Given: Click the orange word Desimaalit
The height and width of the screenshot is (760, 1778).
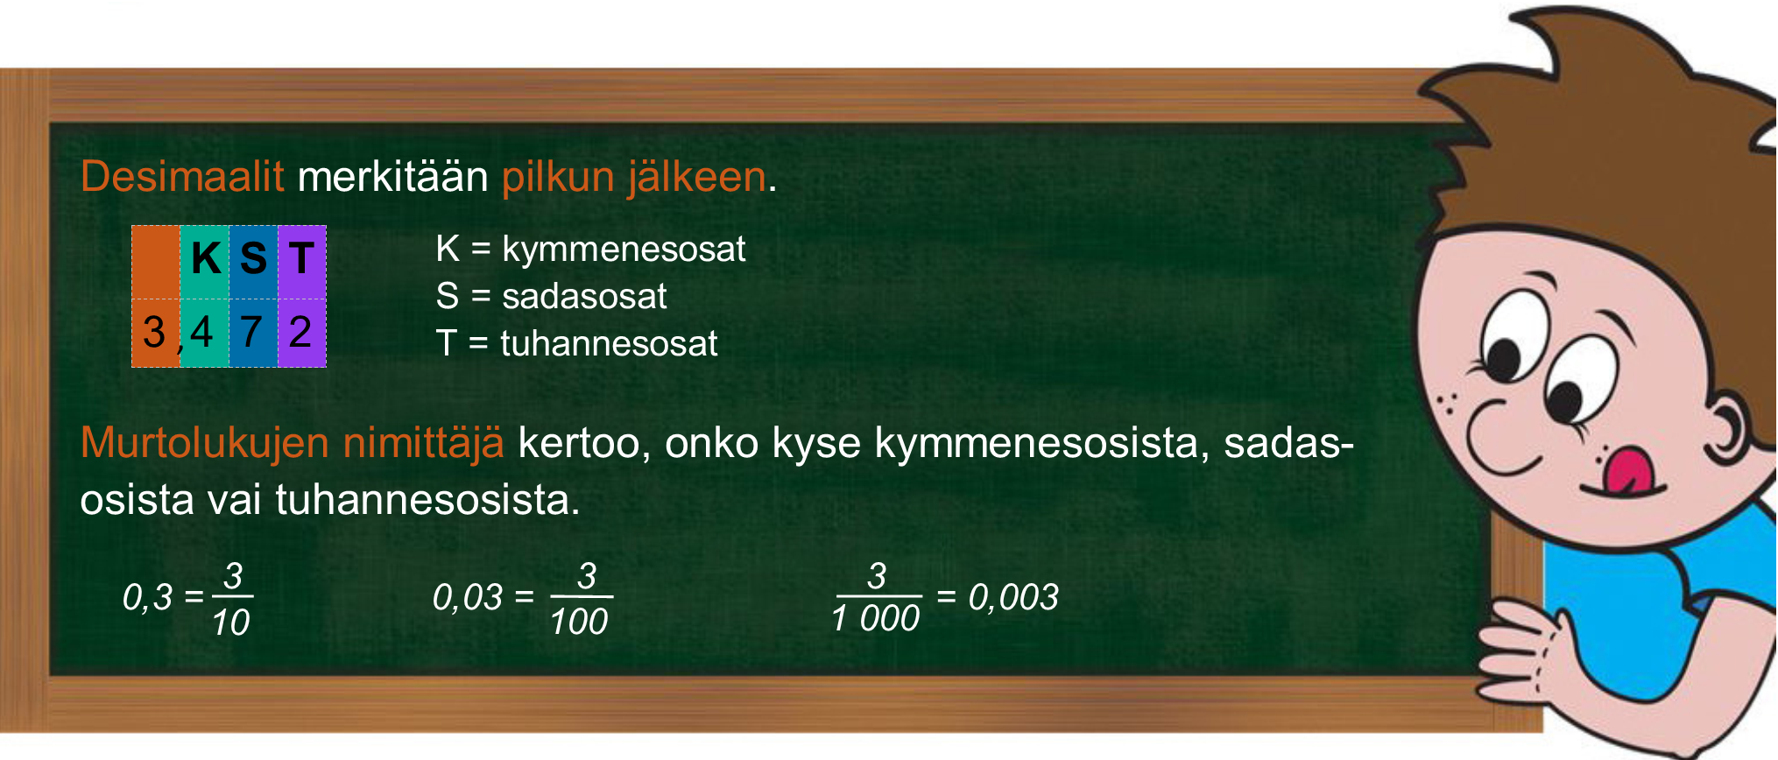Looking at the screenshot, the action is coord(182,176).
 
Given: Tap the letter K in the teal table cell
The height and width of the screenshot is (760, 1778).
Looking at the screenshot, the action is coord(207,258).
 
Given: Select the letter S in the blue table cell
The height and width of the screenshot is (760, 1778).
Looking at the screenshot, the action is coord(253,258).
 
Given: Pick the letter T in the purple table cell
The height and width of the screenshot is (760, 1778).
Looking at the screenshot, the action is coord(301,257).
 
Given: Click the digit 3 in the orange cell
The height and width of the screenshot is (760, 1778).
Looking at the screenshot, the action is coord(154,332).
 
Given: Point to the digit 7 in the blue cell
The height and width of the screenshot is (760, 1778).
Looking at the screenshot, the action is coord(251,332).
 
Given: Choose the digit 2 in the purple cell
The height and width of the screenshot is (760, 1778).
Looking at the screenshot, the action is coord(300,332).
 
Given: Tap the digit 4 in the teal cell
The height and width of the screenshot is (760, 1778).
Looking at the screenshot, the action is coord(201,332).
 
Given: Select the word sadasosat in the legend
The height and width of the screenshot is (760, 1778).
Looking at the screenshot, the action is coord(584,296).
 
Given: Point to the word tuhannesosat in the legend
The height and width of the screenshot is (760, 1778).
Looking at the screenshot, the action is coord(609,343).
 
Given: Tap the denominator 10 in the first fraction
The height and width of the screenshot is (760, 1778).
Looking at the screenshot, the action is coord(231,622).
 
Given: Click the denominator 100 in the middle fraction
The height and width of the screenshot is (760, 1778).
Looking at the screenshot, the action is coord(579,622).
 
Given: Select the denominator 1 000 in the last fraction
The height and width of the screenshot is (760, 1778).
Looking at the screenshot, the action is coord(876,619).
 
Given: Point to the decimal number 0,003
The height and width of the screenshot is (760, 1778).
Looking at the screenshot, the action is coord(1013,598).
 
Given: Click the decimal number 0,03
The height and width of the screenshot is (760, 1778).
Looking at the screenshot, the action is coord(468,598).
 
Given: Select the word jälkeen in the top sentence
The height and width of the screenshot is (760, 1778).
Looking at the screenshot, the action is coord(697,177).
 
